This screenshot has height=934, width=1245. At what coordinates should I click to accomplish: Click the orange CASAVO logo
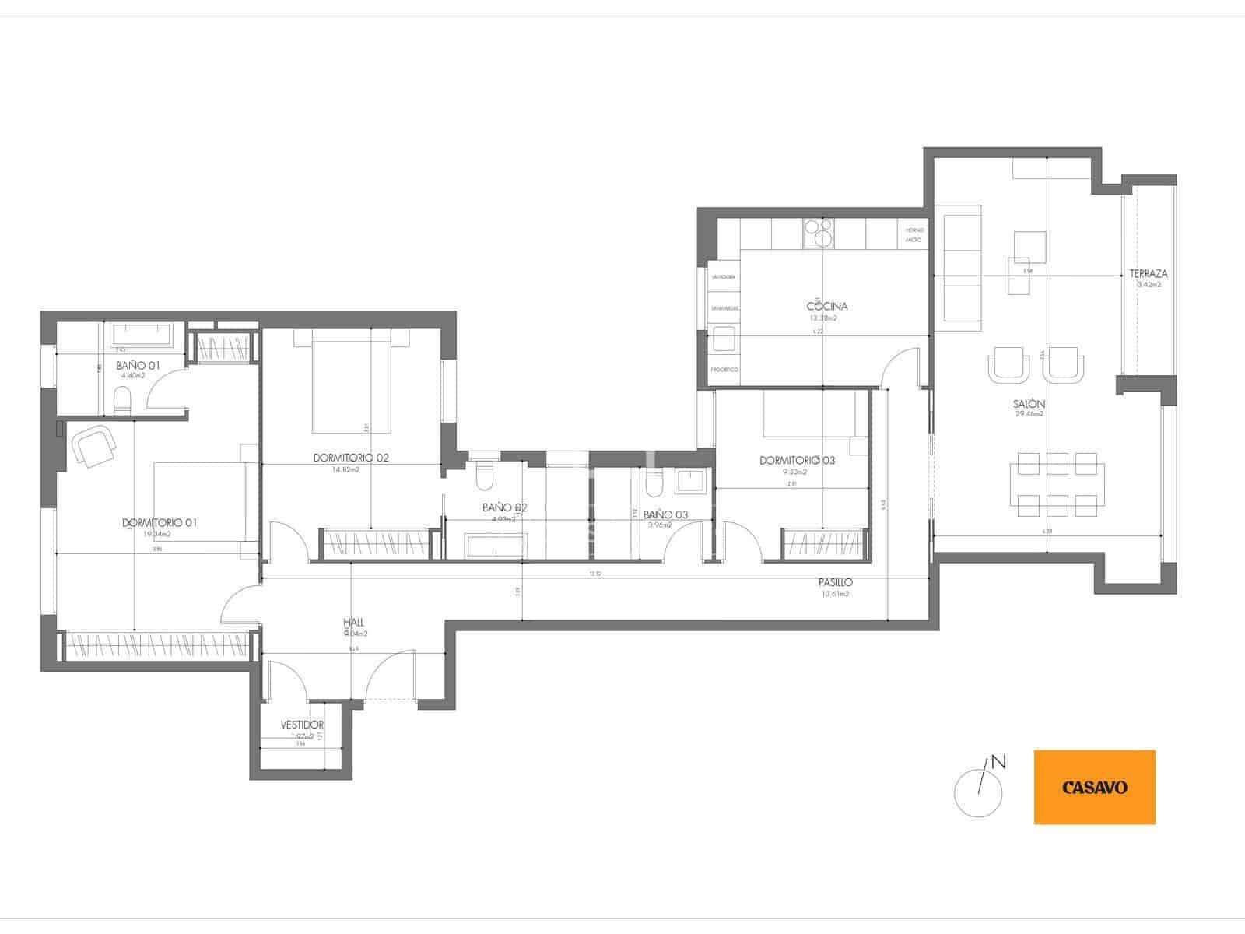click(1094, 787)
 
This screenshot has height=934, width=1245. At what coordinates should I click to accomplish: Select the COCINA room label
click(826, 306)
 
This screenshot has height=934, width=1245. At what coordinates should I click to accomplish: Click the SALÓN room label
click(1029, 404)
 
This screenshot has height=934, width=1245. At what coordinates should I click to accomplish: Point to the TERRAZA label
click(1149, 274)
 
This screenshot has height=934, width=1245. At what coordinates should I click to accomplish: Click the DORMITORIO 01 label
click(160, 522)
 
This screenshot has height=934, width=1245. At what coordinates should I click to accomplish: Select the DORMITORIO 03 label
click(797, 461)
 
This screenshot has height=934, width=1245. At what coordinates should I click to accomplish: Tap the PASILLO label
click(835, 582)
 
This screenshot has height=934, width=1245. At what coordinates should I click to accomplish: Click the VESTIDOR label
click(302, 725)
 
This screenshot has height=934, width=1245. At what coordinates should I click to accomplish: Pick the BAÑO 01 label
click(138, 365)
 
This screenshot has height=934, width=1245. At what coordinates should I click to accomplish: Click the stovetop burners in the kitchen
click(818, 232)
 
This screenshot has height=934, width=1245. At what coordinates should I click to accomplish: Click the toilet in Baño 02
click(484, 476)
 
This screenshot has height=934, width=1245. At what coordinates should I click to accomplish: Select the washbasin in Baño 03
click(691, 480)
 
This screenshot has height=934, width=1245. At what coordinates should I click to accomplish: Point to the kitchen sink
click(724, 340)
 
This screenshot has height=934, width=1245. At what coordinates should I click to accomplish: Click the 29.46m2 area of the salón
click(1029, 414)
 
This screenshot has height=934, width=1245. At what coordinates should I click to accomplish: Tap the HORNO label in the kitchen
click(914, 230)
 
